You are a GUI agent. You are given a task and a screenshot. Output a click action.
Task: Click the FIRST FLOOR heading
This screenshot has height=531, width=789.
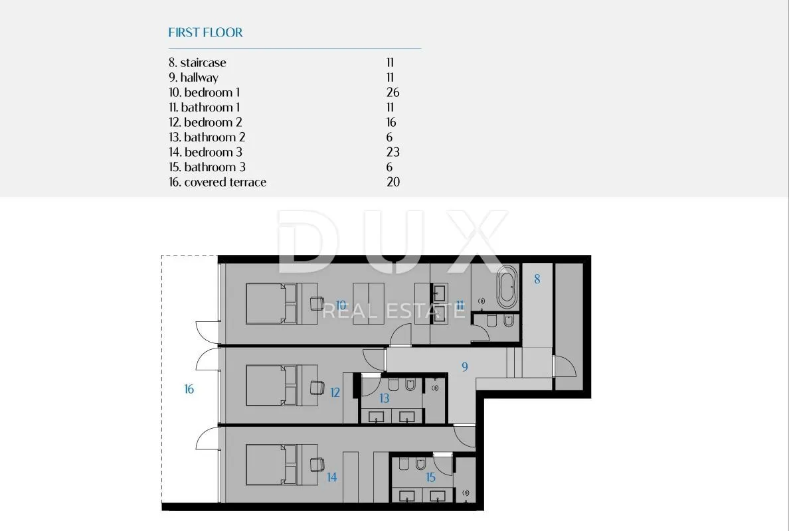[205, 33]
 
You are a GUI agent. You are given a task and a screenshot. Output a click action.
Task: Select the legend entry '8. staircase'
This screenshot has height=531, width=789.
[197, 63]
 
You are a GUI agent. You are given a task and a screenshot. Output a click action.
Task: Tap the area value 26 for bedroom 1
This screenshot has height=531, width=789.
[393, 92]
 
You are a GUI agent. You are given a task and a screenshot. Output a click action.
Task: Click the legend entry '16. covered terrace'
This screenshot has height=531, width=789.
[217, 182]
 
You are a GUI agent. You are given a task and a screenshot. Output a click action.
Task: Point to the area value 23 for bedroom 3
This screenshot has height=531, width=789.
[393, 153]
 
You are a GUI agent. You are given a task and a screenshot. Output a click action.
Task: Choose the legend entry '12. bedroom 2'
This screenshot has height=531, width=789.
[205, 122]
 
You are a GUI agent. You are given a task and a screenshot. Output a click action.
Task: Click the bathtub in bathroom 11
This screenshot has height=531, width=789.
[507, 287]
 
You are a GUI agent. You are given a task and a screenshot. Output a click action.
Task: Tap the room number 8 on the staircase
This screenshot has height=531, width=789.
[537, 279]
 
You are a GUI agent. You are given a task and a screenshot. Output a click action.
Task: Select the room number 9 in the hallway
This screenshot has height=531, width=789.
[464, 366]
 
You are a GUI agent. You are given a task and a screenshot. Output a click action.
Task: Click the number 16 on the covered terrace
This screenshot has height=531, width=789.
[189, 389]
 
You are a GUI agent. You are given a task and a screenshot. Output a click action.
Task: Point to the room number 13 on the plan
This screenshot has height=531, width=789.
[385, 398]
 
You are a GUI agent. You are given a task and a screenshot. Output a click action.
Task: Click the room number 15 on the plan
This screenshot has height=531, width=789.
[431, 477]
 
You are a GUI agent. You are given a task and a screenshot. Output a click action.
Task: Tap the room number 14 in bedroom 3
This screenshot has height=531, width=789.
[331, 477]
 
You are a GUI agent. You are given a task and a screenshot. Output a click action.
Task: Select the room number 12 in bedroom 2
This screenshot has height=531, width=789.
[335, 392]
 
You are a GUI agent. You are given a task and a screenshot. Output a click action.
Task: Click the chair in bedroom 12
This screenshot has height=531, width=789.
[317, 388]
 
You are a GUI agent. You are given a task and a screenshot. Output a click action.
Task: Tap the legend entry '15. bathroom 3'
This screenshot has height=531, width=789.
[207, 167]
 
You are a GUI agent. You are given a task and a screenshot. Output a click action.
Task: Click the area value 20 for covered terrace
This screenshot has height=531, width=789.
[393, 182]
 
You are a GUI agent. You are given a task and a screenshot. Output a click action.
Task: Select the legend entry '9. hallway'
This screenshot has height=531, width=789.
[193, 78]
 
